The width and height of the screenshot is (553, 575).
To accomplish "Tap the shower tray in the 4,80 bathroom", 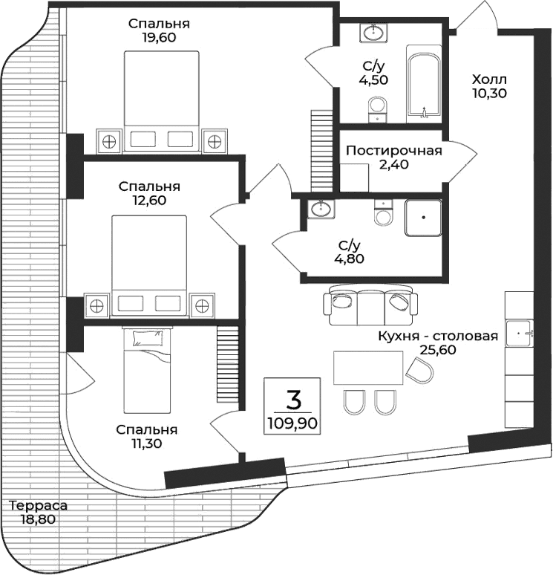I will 423,218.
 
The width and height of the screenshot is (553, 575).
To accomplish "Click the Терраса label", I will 38,506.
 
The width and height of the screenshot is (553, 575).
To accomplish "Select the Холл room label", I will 489,78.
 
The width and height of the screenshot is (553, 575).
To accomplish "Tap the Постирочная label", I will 394,151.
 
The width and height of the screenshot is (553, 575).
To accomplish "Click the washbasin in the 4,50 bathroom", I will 373,33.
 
